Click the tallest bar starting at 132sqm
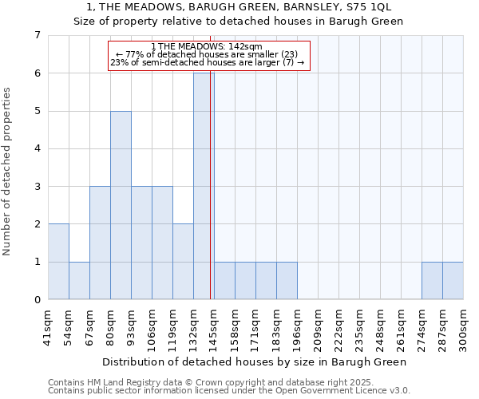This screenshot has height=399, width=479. (x=204, y=186)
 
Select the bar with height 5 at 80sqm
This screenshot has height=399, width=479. (x=121, y=205)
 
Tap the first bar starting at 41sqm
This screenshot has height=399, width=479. (x=58, y=262)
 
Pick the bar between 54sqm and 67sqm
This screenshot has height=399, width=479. (x=79, y=281)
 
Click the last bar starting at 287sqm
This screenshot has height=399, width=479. (x=453, y=281)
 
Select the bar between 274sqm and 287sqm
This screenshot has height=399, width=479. (x=432, y=281)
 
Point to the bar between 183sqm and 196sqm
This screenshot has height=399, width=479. (x=287, y=281)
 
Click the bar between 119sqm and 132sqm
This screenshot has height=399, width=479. (x=183, y=262)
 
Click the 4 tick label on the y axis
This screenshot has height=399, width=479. (x=37, y=148)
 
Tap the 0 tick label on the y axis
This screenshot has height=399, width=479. (x=37, y=300)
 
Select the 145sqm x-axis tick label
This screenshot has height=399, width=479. (x=215, y=328)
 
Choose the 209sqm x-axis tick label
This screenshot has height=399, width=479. (x=319, y=328)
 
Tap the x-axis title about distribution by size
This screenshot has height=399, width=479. (x=255, y=361)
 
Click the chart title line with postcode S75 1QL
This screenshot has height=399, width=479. (x=239, y=7)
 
